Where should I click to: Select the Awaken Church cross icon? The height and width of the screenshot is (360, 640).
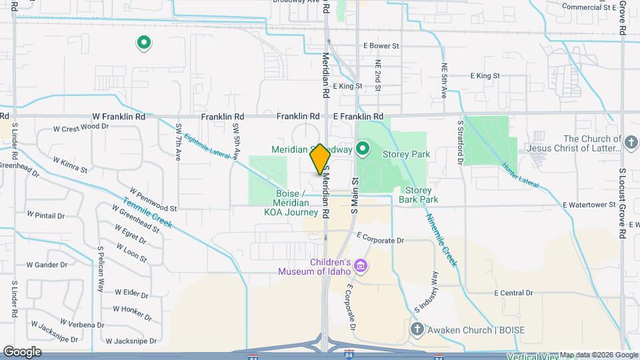(417, 329)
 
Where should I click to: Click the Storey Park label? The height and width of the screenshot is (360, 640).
(406, 154)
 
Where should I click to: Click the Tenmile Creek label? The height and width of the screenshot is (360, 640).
(147, 212)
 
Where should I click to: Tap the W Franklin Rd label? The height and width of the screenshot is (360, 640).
(119, 116)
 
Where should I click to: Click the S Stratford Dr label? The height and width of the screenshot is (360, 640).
(460, 142)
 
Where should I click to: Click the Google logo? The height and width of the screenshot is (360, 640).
(22, 351)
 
